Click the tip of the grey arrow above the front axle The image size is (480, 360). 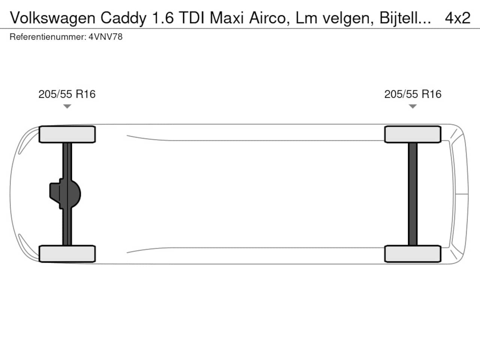(67, 108)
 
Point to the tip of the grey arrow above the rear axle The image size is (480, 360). (412, 108)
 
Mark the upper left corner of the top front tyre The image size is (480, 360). (39, 126)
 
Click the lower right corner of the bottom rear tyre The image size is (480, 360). (441, 262)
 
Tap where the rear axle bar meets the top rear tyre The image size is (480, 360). (412, 143)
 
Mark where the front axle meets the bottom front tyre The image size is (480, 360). (67, 245)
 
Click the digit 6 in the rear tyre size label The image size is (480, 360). (438, 94)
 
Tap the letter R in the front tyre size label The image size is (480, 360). (79, 94)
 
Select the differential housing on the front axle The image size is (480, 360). (65, 194)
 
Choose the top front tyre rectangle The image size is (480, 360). (67, 134)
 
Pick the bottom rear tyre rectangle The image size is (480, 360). (412, 253)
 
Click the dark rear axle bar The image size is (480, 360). (412, 194)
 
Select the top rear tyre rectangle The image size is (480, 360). (412, 134)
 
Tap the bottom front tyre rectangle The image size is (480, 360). (67, 253)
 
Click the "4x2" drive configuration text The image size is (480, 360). (457, 18)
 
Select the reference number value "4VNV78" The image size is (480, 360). (105, 37)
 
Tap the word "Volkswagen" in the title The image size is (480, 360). (53, 18)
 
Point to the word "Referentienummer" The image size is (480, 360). (48, 37)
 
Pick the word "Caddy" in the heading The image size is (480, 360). (123, 18)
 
